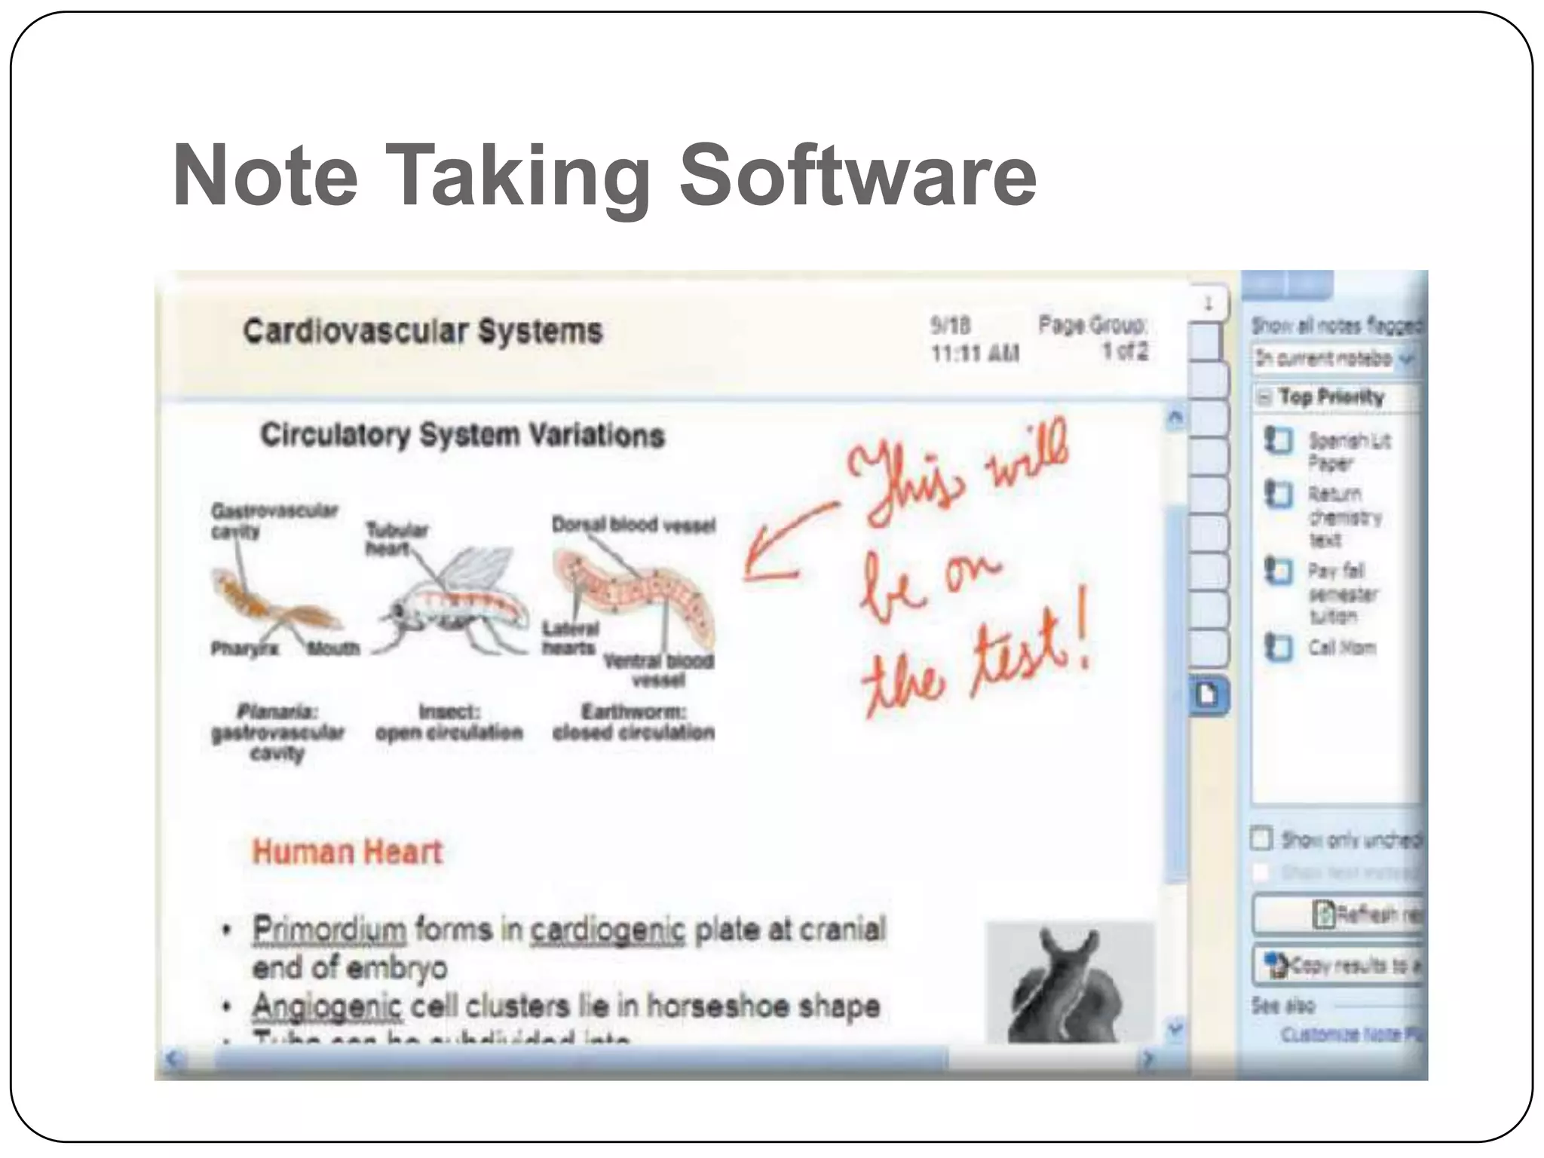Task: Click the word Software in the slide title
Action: tap(857, 176)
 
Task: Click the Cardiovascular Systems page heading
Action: tap(422, 332)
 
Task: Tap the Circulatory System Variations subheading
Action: tap(462, 435)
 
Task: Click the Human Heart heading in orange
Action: tap(347, 852)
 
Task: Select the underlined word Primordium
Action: tap(329, 930)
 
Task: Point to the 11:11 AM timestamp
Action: tap(975, 353)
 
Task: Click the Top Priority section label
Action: tap(1331, 397)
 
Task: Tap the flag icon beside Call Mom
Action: tap(1278, 648)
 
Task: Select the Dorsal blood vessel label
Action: tap(633, 525)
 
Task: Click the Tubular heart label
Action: tap(397, 538)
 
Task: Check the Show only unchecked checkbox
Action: tap(1261, 838)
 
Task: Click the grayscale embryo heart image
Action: tap(1069, 982)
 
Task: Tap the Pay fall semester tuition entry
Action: tap(1342, 593)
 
